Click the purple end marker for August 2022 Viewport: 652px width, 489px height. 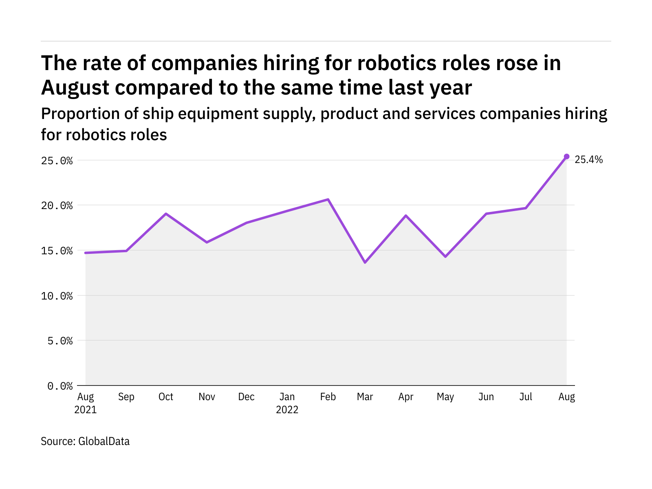pos(566,156)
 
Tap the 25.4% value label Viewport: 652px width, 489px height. pos(588,160)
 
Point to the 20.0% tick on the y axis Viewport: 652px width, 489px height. pos(57,205)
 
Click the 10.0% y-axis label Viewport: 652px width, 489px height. pos(57,296)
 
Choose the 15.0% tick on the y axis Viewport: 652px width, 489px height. pos(57,251)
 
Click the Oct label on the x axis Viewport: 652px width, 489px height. pos(166,397)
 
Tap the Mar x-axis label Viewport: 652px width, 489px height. pos(365,397)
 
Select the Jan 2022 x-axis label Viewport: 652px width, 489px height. pos(287,403)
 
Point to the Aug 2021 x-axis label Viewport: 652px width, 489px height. pos(86,403)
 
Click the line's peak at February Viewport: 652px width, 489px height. pos(328,199)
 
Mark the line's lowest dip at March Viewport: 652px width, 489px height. pos(365,262)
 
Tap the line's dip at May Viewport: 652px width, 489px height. pos(445,257)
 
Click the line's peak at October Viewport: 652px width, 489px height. pos(166,214)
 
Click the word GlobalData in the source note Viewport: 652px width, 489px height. pos(104,441)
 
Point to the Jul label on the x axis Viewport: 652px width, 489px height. pos(526,397)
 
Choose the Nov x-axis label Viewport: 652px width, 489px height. pos(207,397)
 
